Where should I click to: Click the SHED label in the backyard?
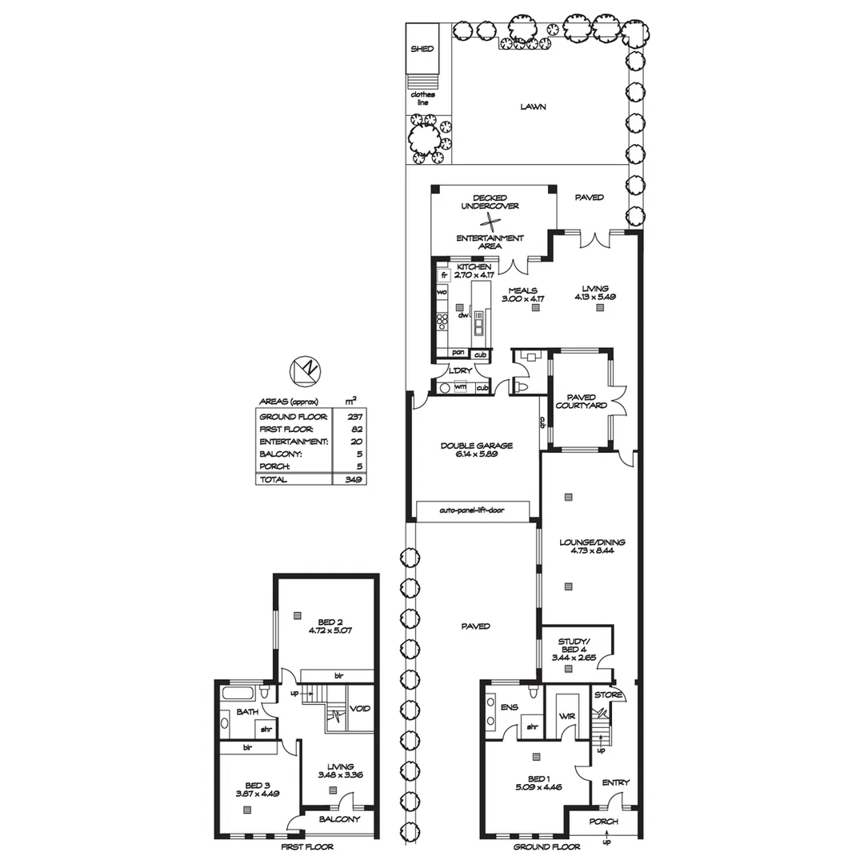click(x=422, y=49)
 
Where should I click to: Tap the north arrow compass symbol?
click(x=307, y=370)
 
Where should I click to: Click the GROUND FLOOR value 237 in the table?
click(x=352, y=417)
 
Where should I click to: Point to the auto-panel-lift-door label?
click(x=472, y=510)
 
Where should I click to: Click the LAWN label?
click(x=533, y=106)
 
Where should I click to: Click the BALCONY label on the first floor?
click(x=340, y=819)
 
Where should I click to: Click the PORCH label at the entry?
click(x=603, y=822)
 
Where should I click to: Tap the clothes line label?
click(x=422, y=98)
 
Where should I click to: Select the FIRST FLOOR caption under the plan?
click(x=307, y=846)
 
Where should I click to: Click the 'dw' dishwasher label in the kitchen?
click(x=462, y=315)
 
